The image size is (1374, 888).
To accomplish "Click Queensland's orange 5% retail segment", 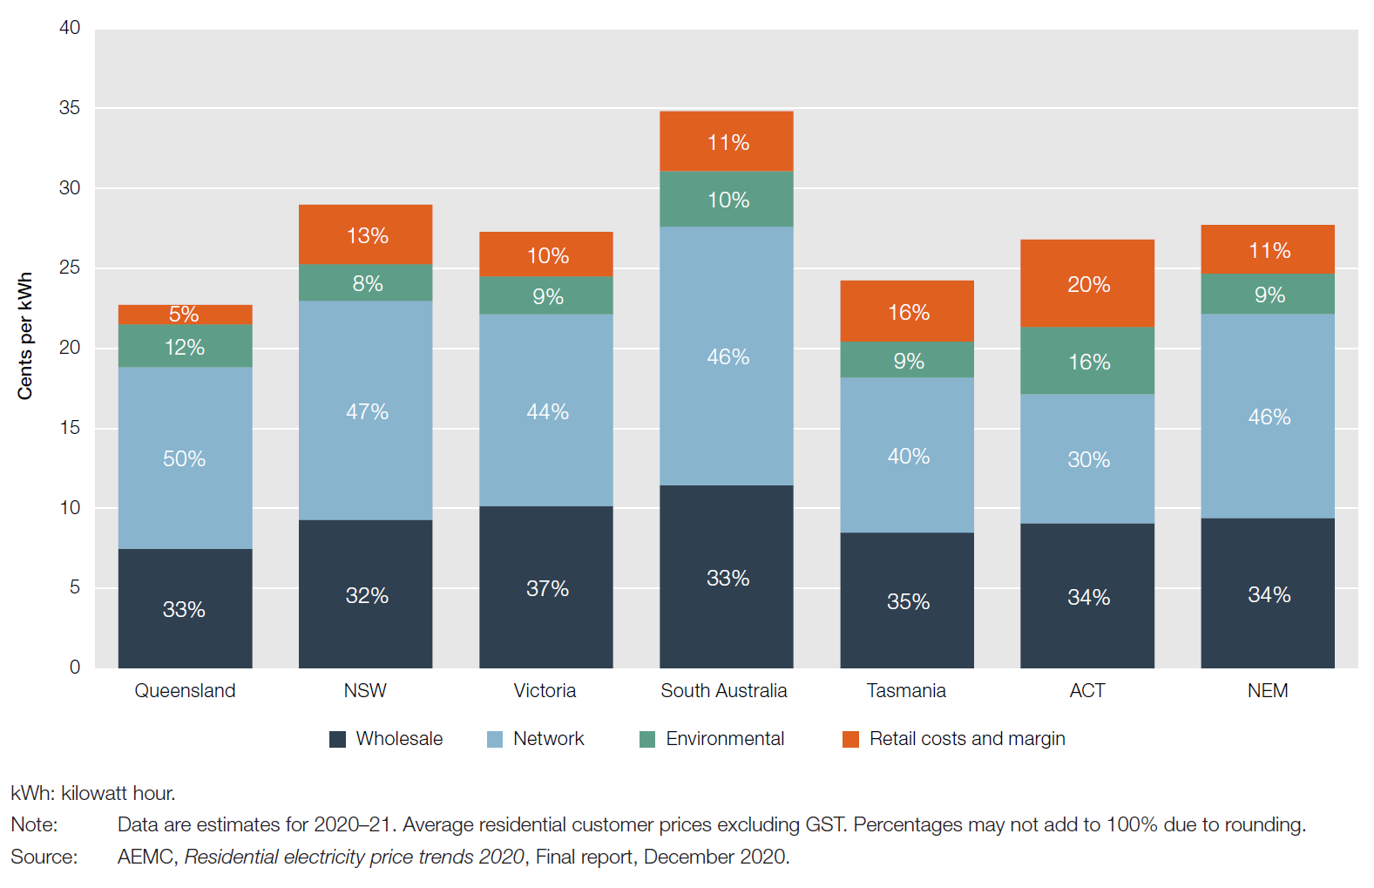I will pyautogui.click(x=185, y=314).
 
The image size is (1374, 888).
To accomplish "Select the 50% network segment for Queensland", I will pyautogui.click(x=185, y=458).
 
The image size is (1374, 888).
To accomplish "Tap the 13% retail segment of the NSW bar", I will pyautogui.click(x=365, y=234).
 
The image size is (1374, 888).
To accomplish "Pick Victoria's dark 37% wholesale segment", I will pyautogui.click(x=545, y=587).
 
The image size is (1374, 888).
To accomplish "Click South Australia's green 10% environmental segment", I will pyautogui.click(x=726, y=199).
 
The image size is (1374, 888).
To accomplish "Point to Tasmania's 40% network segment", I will pyautogui.click(x=906, y=455).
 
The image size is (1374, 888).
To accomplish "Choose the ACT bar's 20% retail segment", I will pyautogui.click(x=1086, y=283).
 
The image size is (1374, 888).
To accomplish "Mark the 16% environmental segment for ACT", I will pyautogui.click(x=1086, y=361).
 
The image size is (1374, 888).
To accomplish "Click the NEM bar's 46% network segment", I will pyautogui.click(x=1267, y=416).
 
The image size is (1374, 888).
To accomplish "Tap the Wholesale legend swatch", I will pyautogui.click(x=338, y=739).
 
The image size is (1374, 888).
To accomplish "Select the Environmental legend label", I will pyautogui.click(x=725, y=739).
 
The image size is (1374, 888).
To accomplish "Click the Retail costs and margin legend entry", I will pyautogui.click(x=967, y=739).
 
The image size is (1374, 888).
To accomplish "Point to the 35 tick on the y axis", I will pyautogui.click(x=70, y=108).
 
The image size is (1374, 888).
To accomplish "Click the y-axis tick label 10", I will pyautogui.click(x=70, y=507).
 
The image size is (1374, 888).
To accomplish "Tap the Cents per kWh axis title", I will pyautogui.click(x=24, y=336).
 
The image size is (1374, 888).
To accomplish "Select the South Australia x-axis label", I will pyautogui.click(x=723, y=691).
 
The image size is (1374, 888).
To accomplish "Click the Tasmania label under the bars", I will pyautogui.click(x=906, y=691).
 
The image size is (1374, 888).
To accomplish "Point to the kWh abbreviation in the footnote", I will pyautogui.click(x=31, y=794).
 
